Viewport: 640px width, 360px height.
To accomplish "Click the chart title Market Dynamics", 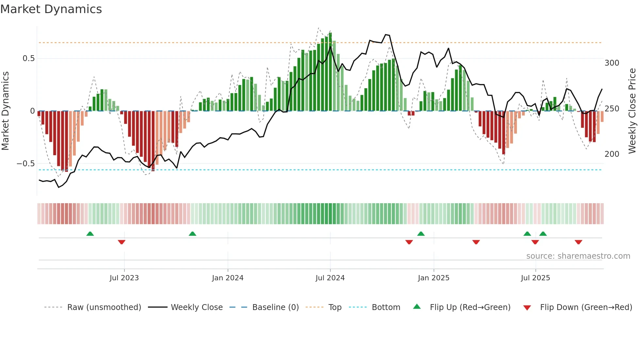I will (51, 9).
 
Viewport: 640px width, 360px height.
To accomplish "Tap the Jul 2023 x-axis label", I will (124, 278).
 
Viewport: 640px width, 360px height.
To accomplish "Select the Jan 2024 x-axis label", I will (228, 278).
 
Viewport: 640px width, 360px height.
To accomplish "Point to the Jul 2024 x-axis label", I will (330, 278).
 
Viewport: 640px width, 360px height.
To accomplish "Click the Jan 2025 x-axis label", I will (434, 278).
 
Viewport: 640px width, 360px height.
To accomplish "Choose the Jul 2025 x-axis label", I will (536, 278).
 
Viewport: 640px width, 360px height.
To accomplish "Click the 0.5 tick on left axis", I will (28, 58).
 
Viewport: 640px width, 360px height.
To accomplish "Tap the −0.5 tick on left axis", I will (26, 163).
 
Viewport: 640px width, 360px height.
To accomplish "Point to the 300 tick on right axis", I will (612, 63).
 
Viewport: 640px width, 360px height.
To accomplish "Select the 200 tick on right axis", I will (612, 154).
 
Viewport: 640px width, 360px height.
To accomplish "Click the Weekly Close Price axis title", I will (632, 111).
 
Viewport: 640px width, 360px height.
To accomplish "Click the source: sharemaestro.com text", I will (578, 256).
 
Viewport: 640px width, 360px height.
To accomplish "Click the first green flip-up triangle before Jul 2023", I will (90, 234).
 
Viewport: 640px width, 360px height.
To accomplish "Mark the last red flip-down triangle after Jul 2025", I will (578, 242).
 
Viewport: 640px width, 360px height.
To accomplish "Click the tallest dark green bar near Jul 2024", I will (330, 72).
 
